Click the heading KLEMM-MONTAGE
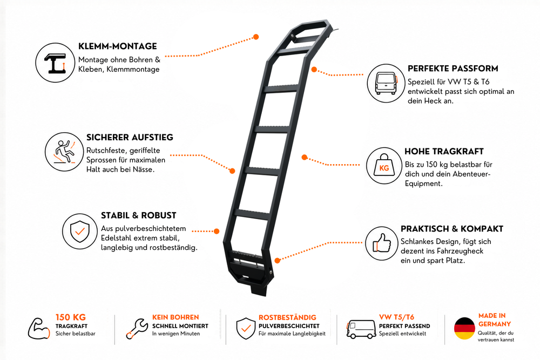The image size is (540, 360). point(117,46)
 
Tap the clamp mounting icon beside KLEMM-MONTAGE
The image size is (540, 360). point(55,63)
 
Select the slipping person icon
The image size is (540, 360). point(64,152)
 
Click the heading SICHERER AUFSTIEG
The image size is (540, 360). point(130,137)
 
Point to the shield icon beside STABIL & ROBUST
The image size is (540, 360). point(79,232)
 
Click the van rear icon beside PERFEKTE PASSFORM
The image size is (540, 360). point(386,83)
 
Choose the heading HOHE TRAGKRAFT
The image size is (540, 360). point(444,152)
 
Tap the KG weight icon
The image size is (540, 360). point(384,166)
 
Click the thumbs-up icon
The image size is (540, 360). point(382,243)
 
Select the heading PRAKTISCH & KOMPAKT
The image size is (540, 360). point(452,229)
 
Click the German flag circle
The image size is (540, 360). point(464,328)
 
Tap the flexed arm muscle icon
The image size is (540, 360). point(38,329)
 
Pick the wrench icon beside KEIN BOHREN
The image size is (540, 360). point(137,329)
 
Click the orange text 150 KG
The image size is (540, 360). point(71,317)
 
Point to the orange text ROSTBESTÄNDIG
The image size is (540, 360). point(287,317)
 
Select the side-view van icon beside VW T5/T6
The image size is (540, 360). point(361,329)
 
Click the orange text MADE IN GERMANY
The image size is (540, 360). point(494,320)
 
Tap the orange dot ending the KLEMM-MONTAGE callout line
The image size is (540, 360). point(256,37)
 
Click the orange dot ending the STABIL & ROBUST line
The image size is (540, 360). point(217,232)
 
